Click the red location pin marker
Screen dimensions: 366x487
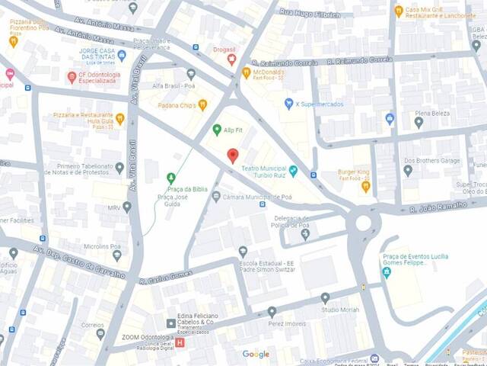233,156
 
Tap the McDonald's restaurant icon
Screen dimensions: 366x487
246,72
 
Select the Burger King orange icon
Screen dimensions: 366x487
365,186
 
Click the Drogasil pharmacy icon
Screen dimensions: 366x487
231,59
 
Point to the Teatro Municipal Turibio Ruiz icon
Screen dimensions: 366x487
293,170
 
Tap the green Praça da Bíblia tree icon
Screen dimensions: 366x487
170,178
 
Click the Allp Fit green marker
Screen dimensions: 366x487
216,130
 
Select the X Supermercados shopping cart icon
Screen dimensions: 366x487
288,103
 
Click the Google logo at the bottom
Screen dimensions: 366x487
256,354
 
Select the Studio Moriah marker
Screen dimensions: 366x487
325,297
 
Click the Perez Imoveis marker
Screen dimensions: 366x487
272,312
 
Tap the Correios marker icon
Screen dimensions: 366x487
100,334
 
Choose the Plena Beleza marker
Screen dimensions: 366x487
419,122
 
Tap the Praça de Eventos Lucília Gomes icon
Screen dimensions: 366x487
387,272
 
